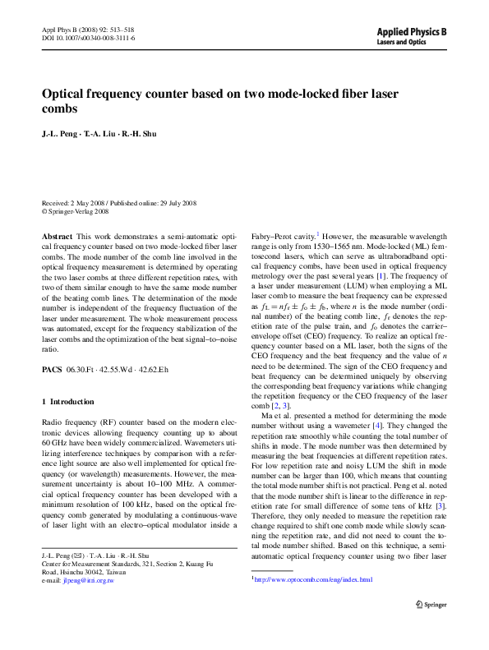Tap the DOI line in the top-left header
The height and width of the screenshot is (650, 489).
[x=89, y=39]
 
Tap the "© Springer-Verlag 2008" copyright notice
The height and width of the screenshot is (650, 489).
[x=76, y=211]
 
